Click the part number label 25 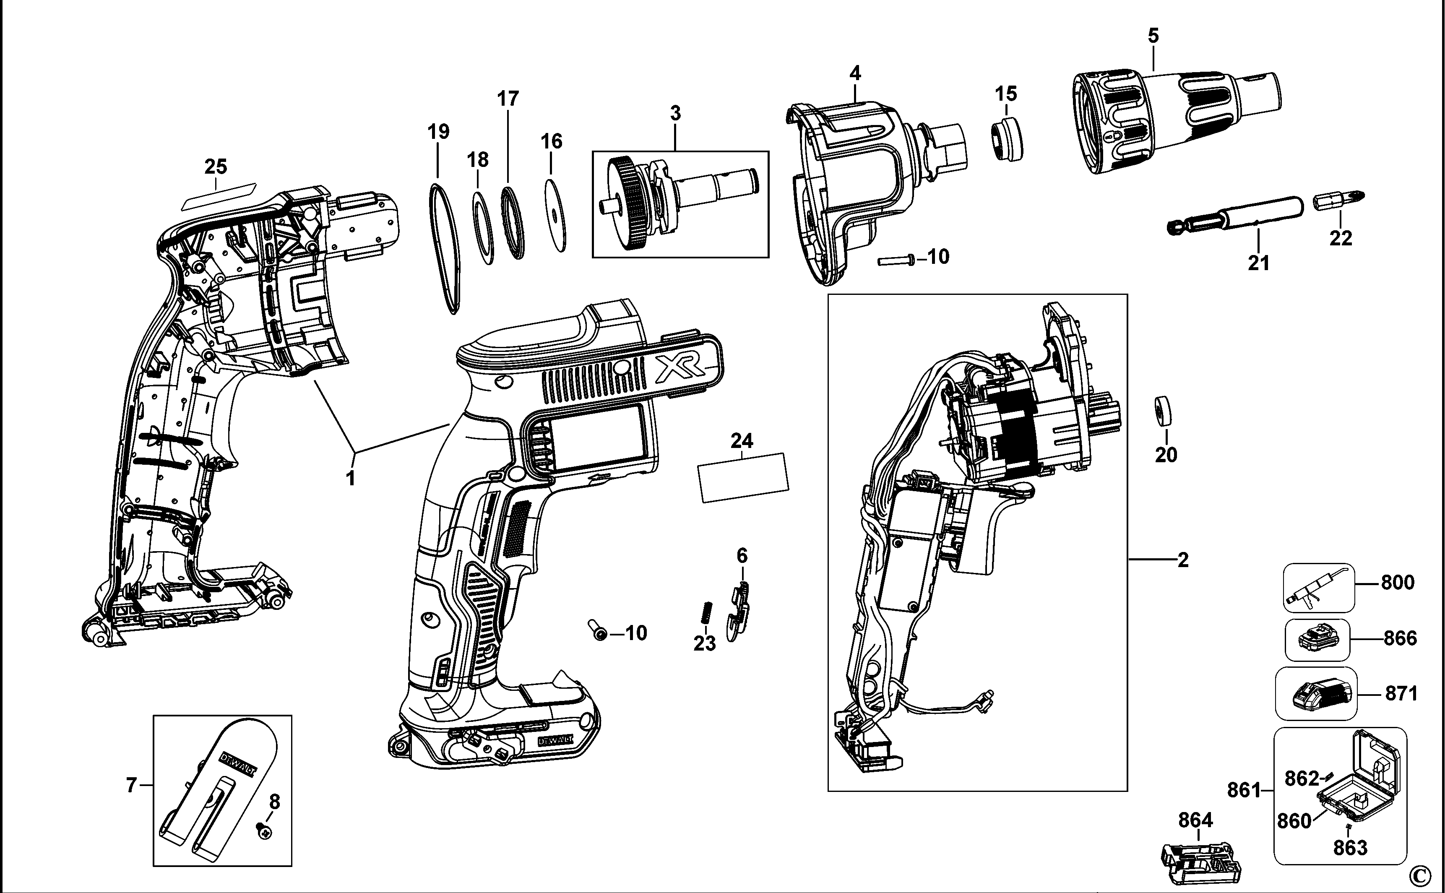point(216,167)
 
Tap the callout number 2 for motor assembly point(1182,560)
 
